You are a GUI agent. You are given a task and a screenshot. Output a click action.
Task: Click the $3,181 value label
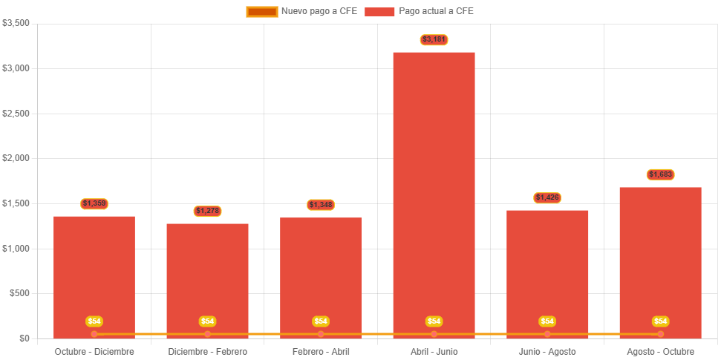[434, 39]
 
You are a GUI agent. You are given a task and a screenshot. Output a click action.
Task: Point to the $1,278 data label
[208, 211]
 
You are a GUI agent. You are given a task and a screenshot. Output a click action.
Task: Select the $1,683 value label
[660, 174]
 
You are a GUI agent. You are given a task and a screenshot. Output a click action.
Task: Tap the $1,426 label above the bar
[547, 197]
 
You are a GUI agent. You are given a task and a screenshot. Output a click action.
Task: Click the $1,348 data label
[321, 205]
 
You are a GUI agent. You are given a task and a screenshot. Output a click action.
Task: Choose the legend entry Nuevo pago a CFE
[301, 11]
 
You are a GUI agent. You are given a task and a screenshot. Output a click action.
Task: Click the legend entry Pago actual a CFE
[419, 11]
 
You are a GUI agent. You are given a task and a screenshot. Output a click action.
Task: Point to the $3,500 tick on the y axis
[16, 23]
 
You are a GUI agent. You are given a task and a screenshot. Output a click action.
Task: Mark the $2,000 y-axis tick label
[16, 158]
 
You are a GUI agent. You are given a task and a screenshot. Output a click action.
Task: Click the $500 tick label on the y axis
[19, 293]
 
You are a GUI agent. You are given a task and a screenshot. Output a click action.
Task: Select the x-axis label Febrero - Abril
[321, 351]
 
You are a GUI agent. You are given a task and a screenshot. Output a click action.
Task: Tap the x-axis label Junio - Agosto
[547, 351]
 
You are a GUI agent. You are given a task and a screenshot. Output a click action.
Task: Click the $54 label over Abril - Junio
[434, 321]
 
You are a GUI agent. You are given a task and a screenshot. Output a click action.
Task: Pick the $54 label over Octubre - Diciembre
[94, 321]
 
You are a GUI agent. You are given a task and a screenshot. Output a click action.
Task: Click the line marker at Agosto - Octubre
[660, 334]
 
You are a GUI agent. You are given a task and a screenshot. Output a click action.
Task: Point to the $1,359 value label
[94, 203]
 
